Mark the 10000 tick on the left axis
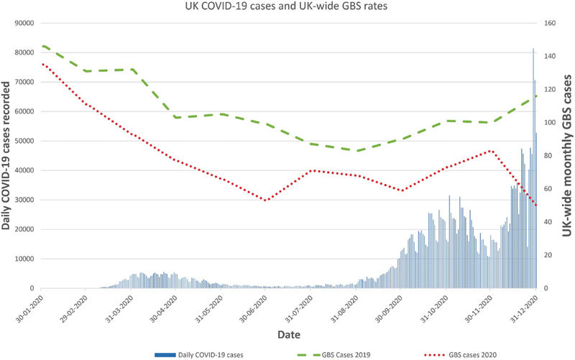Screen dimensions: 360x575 [x=25, y=259]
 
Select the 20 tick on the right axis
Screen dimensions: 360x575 [x=549, y=255]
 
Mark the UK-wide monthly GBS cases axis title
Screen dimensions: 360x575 [x=567, y=155]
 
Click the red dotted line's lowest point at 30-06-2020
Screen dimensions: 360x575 [x=266, y=200]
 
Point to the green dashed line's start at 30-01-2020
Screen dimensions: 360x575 [x=42, y=46]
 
